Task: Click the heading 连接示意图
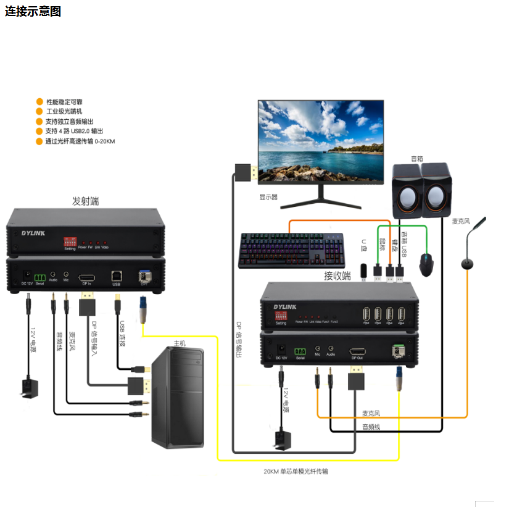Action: click(33, 12)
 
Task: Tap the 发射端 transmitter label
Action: click(85, 201)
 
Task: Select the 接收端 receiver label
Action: click(337, 275)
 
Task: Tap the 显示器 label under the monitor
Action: click(268, 198)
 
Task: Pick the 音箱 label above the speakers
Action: click(417, 158)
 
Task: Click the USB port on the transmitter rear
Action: click(116, 276)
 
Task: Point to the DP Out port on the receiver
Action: click(357, 351)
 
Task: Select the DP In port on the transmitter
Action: click(86, 277)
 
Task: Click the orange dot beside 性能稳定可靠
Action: click(39, 101)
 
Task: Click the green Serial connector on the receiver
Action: click(300, 351)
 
